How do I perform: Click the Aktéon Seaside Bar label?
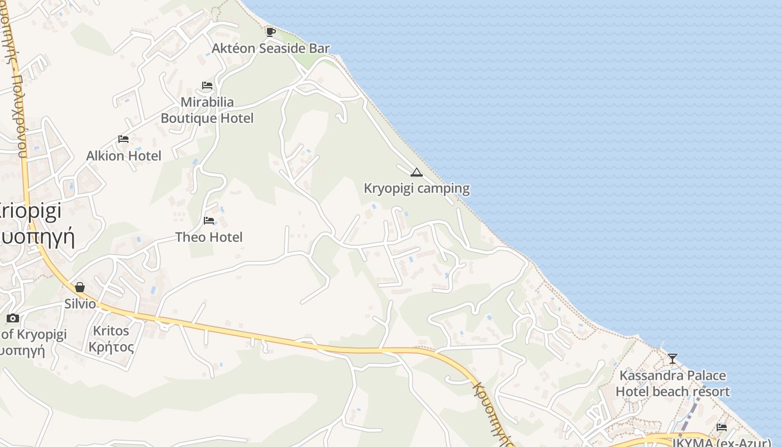tap(270, 49)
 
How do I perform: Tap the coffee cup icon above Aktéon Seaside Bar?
tap(271, 32)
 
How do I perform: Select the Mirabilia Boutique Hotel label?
tap(207, 110)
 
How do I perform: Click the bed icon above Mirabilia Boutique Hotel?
tap(207, 85)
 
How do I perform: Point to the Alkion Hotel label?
tap(123, 156)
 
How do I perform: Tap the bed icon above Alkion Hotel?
tap(123, 139)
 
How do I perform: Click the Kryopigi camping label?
tap(417, 188)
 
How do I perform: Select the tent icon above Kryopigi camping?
tap(416, 172)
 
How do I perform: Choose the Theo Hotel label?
tap(209, 237)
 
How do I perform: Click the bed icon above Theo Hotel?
tap(209, 220)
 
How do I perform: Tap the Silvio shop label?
tap(80, 304)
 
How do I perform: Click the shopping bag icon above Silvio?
tap(80, 287)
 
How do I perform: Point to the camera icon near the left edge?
tap(12, 318)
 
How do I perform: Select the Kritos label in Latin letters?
tap(111, 331)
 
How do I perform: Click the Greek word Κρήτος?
tap(111, 347)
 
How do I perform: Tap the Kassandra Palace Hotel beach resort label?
tap(673, 383)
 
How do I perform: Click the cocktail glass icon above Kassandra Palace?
tap(673, 358)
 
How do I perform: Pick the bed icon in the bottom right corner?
tap(722, 427)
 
